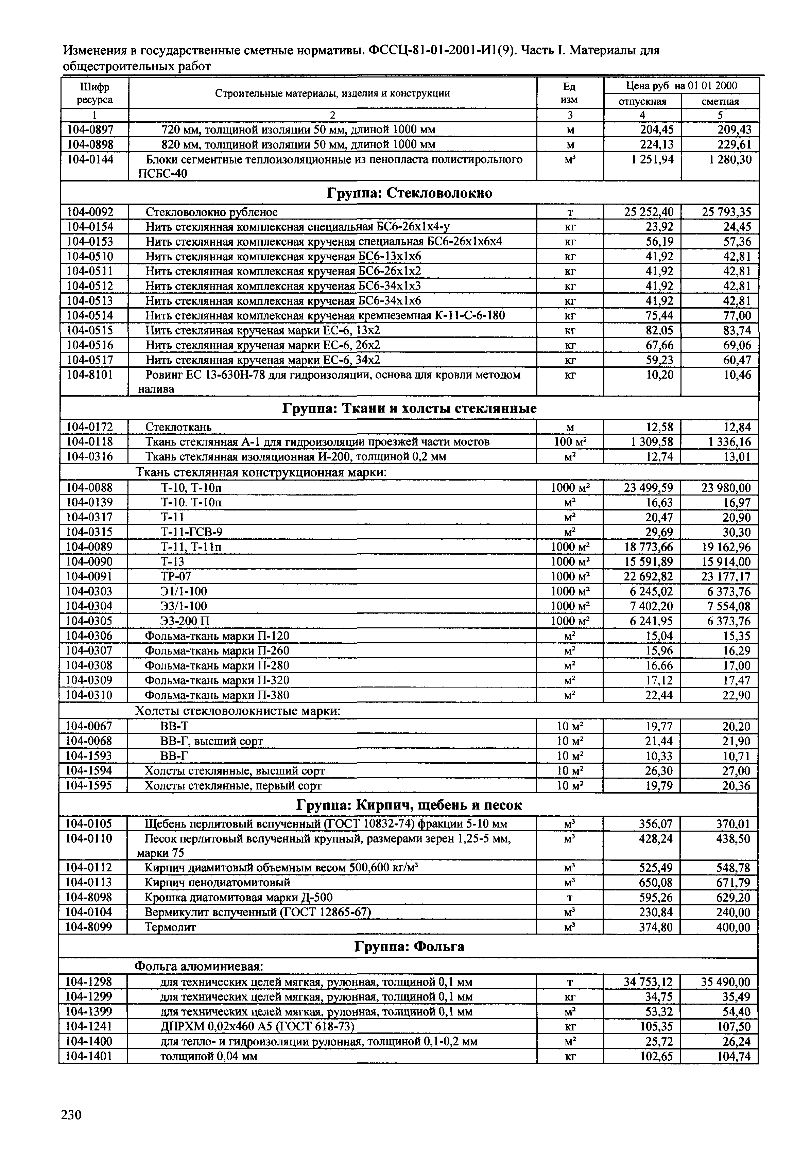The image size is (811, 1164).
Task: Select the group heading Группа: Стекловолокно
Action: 409,193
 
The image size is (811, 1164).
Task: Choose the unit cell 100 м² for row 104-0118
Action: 570,441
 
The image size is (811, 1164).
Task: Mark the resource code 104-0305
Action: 89,621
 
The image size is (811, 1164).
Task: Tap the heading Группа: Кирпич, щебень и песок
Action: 409,805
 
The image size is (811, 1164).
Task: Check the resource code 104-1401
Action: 89,1056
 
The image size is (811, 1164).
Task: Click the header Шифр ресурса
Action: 95,93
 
